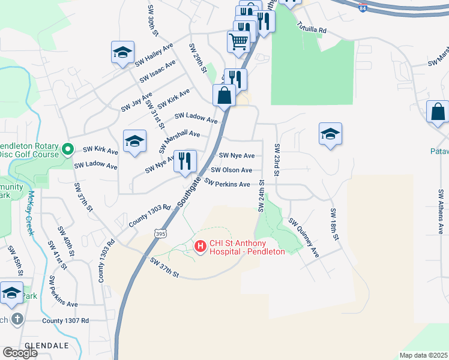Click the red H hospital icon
tap(200, 245)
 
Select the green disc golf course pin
tap(68, 148)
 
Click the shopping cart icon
tap(238, 42)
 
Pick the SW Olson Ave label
tap(231, 170)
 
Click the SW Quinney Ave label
tap(304, 238)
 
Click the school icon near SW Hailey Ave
tap(122, 53)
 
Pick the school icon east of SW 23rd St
tap(330, 134)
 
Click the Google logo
tap(20, 353)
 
